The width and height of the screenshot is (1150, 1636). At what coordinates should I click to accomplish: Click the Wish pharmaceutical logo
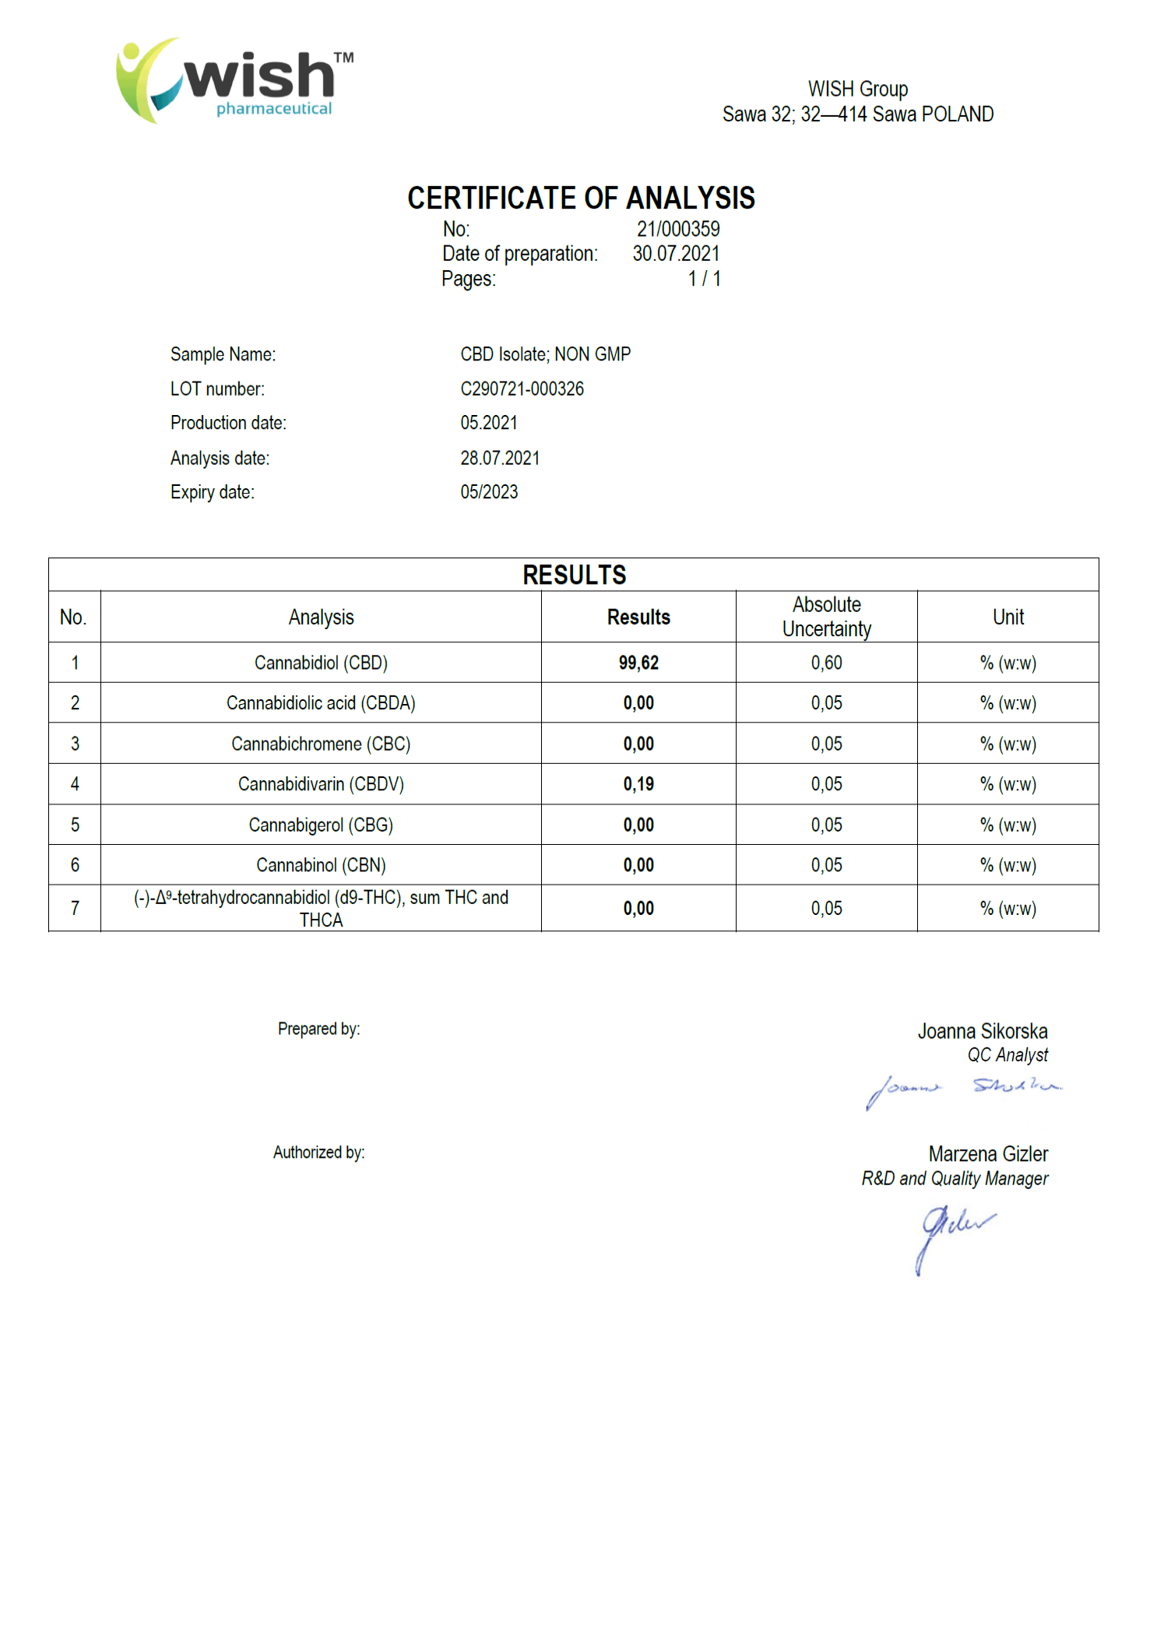(x=234, y=80)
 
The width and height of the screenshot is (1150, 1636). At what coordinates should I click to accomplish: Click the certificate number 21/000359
(x=677, y=229)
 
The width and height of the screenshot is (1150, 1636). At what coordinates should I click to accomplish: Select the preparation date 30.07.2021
(x=675, y=254)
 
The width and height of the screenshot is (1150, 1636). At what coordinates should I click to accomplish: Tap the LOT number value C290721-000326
(x=522, y=389)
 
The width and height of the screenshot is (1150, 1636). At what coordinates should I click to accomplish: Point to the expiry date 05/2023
(x=489, y=492)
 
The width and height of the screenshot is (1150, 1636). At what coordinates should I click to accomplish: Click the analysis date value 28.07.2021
(x=499, y=458)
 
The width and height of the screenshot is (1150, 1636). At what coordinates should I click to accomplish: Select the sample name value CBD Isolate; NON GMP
(x=545, y=354)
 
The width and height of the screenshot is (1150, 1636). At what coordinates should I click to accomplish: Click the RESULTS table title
(x=574, y=575)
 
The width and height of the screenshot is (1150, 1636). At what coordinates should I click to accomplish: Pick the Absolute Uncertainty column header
(x=826, y=617)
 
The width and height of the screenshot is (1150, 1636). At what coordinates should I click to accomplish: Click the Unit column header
(x=1008, y=617)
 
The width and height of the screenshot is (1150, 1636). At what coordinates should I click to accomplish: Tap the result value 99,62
(x=638, y=663)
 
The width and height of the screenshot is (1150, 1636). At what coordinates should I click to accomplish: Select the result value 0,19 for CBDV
(x=638, y=784)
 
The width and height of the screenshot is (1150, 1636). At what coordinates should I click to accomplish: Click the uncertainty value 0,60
(x=826, y=663)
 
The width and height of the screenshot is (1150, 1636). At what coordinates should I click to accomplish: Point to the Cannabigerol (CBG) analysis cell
(x=321, y=825)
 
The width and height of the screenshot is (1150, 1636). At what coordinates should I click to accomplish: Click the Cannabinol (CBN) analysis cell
(x=321, y=865)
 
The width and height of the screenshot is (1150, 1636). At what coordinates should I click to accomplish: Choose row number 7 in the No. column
(x=75, y=908)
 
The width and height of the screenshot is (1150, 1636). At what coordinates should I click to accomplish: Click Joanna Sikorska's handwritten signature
(x=962, y=1089)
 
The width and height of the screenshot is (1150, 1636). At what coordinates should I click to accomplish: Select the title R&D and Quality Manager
(x=955, y=1179)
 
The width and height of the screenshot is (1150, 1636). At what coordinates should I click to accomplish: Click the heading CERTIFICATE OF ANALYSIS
(x=581, y=198)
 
